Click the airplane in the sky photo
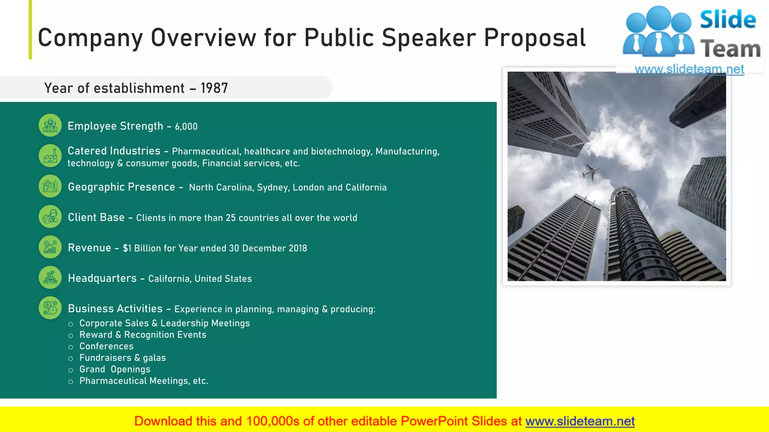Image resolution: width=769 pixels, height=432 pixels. tap(591, 172)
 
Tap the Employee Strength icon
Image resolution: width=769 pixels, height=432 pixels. tap(50, 126)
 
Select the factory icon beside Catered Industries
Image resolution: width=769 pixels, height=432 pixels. tap(50, 156)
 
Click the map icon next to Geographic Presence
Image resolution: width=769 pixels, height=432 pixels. tap(50, 186)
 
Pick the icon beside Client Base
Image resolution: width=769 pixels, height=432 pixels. tap(50, 217)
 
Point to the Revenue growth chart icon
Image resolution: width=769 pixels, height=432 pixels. tap(50, 247)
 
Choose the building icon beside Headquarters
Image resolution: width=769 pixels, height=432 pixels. tap(50, 277)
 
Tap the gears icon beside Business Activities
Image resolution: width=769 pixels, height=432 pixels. tap(50, 308)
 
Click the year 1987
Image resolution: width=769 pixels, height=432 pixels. tap(214, 88)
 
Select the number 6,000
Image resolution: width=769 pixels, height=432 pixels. tap(186, 127)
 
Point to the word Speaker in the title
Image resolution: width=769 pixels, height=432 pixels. tap(429, 38)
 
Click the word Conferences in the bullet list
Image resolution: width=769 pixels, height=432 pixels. tap(106, 346)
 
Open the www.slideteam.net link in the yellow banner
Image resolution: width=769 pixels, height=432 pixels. tap(580, 421)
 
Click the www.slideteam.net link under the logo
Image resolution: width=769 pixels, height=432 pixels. tap(689, 69)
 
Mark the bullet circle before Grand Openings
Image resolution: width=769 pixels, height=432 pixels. tap(71, 370)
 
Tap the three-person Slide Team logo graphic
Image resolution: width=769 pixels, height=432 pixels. tap(658, 32)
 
